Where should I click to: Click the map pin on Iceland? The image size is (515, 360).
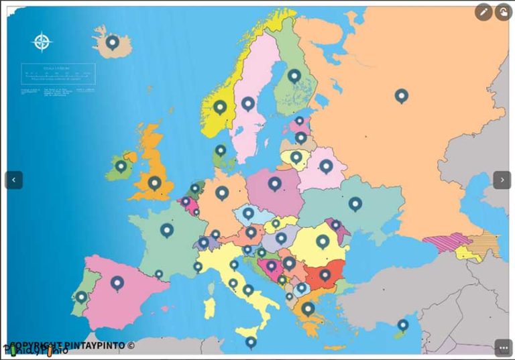tap(112, 43)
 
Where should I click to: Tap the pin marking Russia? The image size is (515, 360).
tap(401, 96)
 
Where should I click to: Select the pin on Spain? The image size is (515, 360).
tap(117, 283)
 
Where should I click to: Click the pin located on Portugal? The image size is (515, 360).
tap(81, 296)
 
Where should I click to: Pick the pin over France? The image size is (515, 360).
tap(167, 230)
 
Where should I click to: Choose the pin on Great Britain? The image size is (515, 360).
tap(154, 182)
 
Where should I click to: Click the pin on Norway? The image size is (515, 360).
tap(220, 107)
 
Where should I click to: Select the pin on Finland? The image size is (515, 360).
tap(294, 76)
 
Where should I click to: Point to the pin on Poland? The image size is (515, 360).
tap(274, 183)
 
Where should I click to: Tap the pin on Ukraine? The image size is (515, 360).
tap(355, 203)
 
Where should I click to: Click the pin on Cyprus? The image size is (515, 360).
tap(402, 325)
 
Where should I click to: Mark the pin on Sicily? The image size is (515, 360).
tap(251, 342)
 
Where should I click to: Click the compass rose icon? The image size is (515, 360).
tap(42, 42)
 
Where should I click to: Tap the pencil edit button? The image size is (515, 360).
tap(483, 12)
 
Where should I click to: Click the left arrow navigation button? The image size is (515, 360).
tap(14, 180)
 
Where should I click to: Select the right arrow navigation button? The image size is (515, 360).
tap(502, 180)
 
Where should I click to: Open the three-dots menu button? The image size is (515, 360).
tap(504, 347)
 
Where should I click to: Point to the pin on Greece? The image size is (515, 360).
tap(308, 308)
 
